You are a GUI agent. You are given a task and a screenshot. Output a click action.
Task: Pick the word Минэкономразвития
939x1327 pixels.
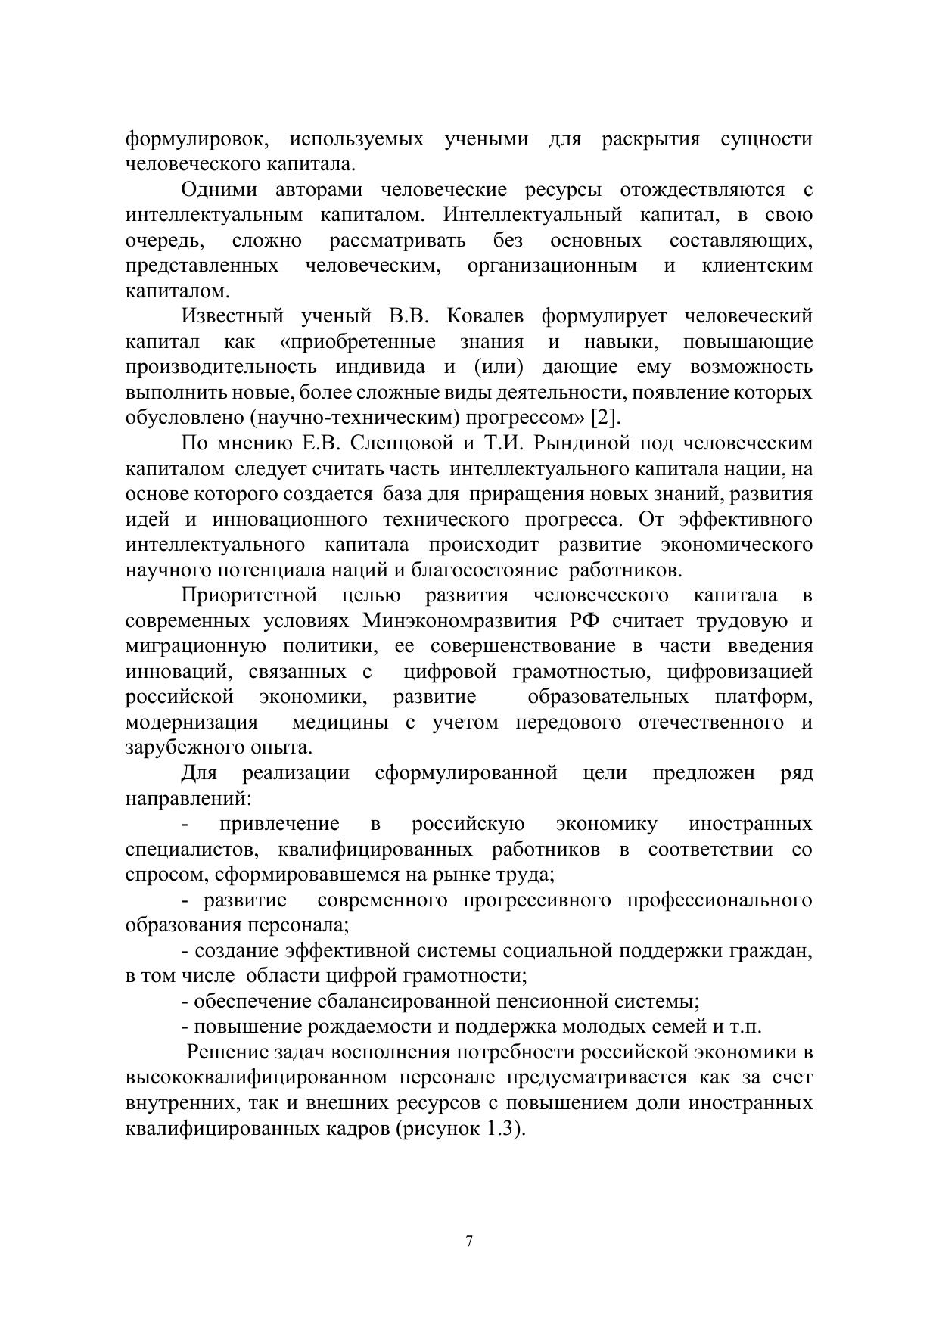(462, 621)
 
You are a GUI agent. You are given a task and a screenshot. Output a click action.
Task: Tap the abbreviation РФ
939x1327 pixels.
(584, 621)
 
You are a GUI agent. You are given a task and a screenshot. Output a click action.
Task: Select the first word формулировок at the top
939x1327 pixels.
(196, 139)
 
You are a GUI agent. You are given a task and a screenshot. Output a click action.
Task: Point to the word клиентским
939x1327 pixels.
(757, 266)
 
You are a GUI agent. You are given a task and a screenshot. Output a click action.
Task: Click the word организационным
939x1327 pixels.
(552, 266)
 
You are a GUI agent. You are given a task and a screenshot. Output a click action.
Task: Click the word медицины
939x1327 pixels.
(340, 723)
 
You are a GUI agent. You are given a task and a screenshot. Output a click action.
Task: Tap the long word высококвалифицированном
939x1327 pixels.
(257, 1078)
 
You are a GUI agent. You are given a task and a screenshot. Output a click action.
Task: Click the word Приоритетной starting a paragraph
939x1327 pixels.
(249, 595)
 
